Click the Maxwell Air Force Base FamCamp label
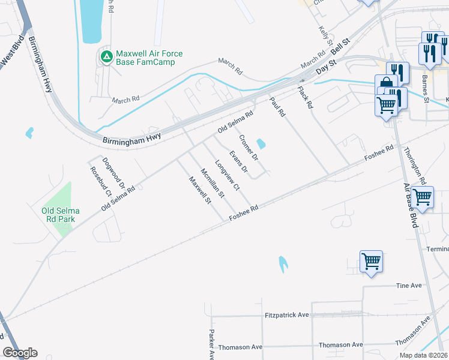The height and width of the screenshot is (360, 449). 149,58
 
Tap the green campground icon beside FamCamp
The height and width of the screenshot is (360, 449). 106,57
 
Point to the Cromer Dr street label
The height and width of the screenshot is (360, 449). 248,148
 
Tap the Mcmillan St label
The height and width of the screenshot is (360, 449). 212,183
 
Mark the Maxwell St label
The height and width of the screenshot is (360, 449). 200,190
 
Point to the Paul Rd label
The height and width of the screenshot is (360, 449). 277,106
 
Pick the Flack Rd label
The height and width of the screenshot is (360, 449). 306,97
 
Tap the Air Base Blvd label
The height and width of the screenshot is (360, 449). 411,205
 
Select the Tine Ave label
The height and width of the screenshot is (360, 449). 409,286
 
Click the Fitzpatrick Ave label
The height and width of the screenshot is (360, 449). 286,314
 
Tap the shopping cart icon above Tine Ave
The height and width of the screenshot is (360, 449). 371,262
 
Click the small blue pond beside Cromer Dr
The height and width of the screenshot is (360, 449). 261,144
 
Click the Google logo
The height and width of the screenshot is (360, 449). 20,353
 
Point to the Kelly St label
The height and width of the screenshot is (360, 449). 326,35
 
